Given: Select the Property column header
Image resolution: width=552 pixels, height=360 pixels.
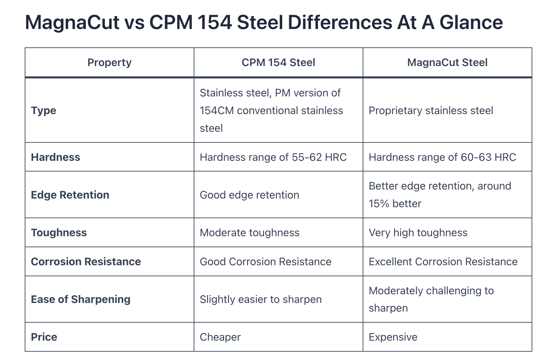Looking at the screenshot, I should [x=109, y=62].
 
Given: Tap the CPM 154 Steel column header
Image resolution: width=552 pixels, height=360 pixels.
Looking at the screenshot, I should [x=278, y=62].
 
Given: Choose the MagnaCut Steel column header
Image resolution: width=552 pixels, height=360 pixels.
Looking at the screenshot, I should [x=447, y=62].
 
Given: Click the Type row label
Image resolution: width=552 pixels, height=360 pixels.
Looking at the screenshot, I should [x=43, y=110].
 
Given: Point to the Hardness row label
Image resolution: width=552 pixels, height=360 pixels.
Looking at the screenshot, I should [x=55, y=157].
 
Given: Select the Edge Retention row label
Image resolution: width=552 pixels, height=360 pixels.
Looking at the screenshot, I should [x=70, y=195].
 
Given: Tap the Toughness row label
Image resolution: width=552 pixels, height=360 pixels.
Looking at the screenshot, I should [x=59, y=233].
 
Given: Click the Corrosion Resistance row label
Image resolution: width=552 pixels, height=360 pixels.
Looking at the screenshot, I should [x=86, y=262].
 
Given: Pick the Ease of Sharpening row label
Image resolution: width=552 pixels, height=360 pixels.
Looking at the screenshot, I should [x=80, y=299].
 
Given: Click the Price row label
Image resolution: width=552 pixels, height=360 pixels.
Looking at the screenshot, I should [x=44, y=337].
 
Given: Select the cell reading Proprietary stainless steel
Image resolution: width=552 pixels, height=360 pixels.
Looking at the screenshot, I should [x=431, y=110].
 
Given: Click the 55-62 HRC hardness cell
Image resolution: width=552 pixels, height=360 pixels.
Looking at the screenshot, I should [x=273, y=157].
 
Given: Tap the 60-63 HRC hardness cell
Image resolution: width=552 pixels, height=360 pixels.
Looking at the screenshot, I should [x=442, y=157].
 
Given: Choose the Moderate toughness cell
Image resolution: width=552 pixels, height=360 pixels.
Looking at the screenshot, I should [x=249, y=233].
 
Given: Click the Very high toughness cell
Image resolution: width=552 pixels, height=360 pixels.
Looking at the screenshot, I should [x=418, y=233].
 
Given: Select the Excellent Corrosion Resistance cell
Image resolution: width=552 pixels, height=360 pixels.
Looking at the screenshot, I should [x=443, y=262].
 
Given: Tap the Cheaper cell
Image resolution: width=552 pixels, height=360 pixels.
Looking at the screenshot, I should [x=220, y=337].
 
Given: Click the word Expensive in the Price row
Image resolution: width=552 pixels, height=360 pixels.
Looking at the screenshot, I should [x=393, y=337].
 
